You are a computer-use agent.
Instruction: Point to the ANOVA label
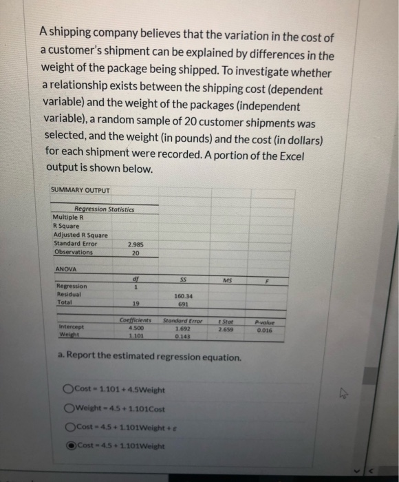point(63,269)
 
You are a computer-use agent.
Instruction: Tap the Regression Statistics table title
point(105,209)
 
